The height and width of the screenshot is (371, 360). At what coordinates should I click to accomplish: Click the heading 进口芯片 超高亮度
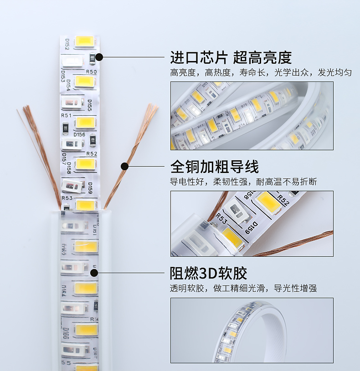[231, 58]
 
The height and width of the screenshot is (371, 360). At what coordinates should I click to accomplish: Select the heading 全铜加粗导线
[214, 167]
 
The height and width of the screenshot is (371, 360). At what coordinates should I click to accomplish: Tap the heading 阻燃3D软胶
[208, 273]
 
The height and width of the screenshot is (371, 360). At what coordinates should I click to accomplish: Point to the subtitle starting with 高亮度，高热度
[261, 73]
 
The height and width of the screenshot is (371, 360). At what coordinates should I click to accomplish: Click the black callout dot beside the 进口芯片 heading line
[99, 57]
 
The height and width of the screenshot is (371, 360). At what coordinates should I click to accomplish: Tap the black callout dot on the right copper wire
[124, 166]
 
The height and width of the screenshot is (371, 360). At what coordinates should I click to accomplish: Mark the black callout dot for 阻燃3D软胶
[94, 273]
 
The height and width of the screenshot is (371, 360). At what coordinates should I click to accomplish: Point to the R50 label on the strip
[91, 72]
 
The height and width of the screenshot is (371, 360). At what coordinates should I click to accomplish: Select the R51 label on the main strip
[67, 116]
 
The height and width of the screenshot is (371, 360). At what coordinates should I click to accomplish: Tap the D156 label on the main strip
[79, 134]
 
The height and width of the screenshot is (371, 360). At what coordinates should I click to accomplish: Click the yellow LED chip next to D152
[85, 42]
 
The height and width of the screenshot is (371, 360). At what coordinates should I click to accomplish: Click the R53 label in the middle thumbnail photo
[222, 218]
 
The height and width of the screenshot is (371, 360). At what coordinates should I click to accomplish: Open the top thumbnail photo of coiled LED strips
[252, 116]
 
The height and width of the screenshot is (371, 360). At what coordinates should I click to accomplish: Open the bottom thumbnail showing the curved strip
[252, 330]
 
